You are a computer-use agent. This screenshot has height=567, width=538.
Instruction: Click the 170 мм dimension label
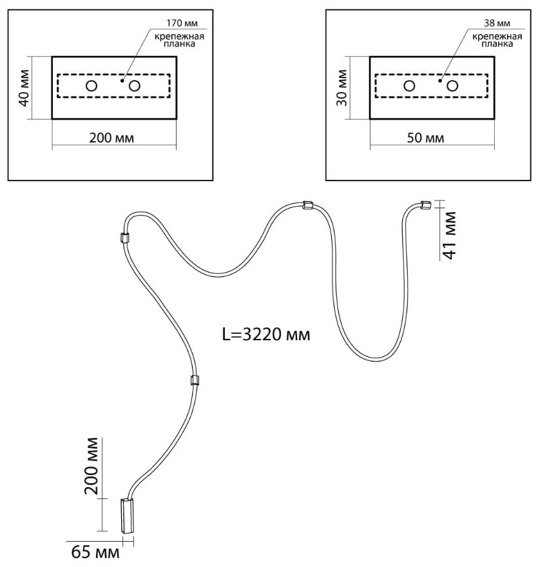point(182,23)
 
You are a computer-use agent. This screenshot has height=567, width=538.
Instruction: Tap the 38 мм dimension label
point(497,23)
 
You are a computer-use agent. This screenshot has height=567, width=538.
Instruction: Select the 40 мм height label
point(24,88)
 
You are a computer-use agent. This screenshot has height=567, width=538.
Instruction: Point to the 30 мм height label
point(342,88)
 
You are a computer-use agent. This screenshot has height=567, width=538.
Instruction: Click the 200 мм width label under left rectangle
point(111,138)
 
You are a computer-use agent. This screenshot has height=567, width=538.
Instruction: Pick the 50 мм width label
point(425,138)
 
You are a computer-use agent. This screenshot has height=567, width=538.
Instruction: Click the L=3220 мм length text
point(266,334)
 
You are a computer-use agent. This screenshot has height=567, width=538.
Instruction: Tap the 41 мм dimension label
point(450,235)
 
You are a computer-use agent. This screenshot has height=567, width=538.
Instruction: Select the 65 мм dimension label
point(95,552)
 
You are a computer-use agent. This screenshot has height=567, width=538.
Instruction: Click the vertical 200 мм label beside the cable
point(91,466)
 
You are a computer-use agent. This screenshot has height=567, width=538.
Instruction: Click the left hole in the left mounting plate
point(91,86)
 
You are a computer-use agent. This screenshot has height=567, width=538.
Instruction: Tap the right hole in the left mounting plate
point(135,86)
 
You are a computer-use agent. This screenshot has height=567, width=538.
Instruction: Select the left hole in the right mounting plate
point(409,86)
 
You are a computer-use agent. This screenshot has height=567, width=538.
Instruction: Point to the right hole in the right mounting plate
point(452,86)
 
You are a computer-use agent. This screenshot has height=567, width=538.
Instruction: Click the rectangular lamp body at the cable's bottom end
point(126,516)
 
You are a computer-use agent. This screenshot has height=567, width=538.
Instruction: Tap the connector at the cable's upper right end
point(425,205)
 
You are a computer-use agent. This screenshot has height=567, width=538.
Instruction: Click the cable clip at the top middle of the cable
point(307,205)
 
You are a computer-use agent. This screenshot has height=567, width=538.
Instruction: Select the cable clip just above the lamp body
point(194,380)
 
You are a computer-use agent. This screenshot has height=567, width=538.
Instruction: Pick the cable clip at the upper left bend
point(124,238)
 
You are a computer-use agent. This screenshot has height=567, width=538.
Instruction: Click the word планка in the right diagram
point(497,44)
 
